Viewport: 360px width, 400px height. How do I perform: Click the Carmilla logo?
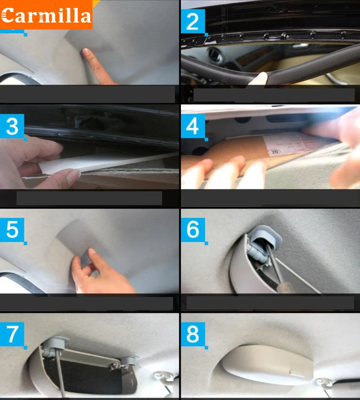point(46,15)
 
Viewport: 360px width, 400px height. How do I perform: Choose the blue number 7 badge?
point(12,334)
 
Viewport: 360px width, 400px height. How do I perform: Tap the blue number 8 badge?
point(193,334)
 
